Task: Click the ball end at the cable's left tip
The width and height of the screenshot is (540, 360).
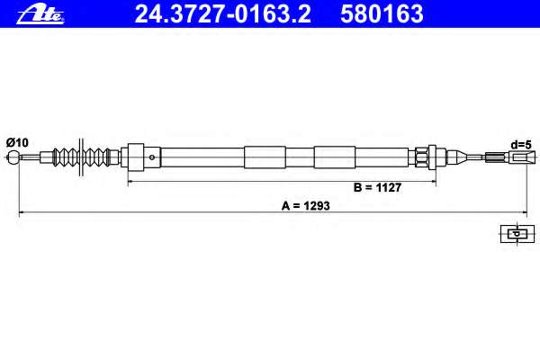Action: click(x=13, y=158)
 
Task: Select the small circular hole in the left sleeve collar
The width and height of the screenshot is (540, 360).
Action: click(x=154, y=157)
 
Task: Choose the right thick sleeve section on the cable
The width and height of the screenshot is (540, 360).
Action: click(x=333, y=157)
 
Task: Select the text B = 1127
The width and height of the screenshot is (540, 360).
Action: click(x=377, y=189)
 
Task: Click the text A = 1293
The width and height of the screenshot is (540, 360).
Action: click(x=306, y=204)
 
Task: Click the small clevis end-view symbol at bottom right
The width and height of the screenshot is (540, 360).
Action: click(x=515, y=234)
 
